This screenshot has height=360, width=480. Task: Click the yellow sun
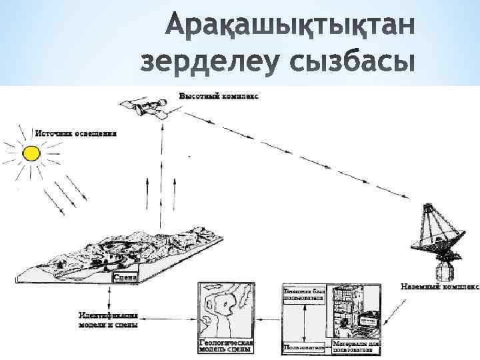pos(31,154)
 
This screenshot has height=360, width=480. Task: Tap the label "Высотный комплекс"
pos(219,96)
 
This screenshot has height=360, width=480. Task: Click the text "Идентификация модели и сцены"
pos(108,319)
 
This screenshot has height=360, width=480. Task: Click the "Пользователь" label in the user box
pos(303,347)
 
